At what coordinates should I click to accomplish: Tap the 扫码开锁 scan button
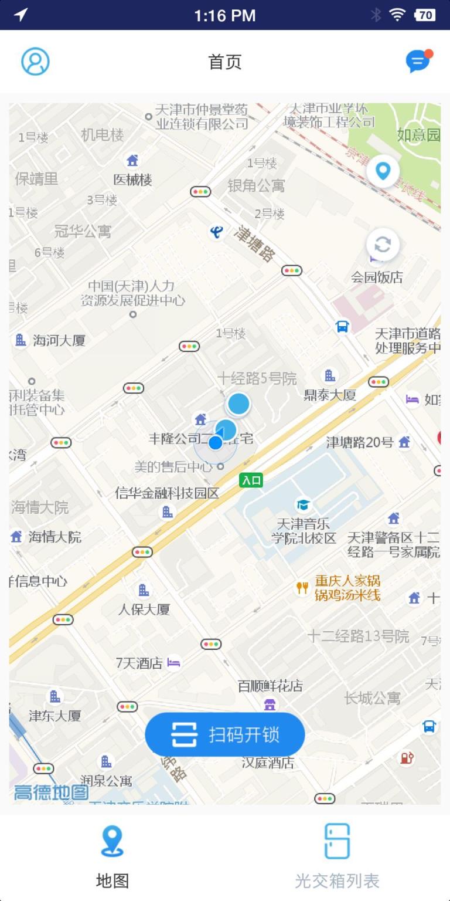coord(225,734)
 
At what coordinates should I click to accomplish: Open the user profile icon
coord(35,62)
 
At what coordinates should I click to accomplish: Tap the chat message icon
coord(418,61)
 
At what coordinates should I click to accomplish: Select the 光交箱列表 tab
coord(337,856)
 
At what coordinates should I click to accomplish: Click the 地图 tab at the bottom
coord(112,856)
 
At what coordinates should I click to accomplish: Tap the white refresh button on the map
coord(383,244)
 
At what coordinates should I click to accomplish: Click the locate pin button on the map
coord(383,171)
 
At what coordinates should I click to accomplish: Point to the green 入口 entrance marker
coord(251,480)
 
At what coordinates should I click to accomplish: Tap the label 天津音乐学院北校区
coord(304,530)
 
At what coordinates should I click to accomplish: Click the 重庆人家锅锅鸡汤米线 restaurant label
coord(347,588)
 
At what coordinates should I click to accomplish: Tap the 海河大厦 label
coord(59,340)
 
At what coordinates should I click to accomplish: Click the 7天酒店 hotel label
coord(139,663)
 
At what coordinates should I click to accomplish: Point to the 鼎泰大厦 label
coord(330,394)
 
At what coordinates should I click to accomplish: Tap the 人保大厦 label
coord(144,609)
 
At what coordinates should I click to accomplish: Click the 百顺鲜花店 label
coord(270,686)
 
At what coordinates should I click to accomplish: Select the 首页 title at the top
coord(225,62)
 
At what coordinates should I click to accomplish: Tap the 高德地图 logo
coord(52,792)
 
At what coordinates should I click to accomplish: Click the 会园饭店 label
coord(377,277)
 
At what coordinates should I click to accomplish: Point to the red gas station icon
coord(407,758)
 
